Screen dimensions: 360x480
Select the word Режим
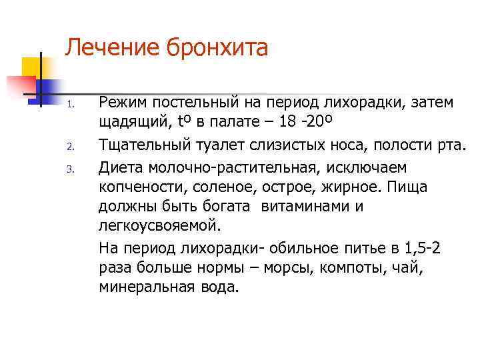tap(124, 104)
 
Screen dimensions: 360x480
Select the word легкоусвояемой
tap(163, 227)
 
